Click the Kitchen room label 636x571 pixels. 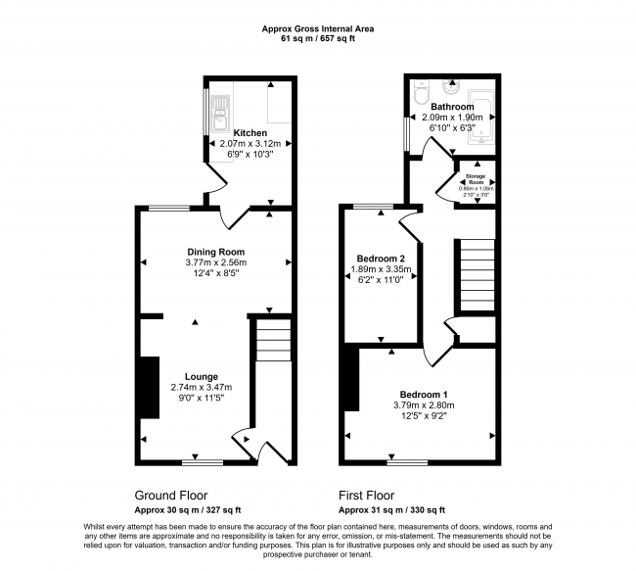[x=244, y=131]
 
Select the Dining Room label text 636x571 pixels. [x=216, y=252]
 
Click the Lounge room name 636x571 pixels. [x=202, y=376]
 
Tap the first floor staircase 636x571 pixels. [x=476, y=275]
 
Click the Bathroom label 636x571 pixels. [x=454, y=107]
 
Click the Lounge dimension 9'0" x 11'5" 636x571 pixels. [x=202, y=398]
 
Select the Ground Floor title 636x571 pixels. [x=171, y=496]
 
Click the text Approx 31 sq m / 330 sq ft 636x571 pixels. [x=391, y=510]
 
